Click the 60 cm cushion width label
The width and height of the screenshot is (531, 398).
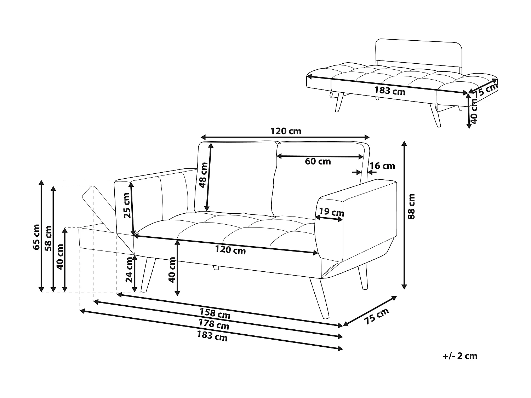(x=318, y=162)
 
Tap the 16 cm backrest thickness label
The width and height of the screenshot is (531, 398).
(x=382, y=166)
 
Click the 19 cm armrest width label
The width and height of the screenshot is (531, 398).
(x=331, y=212)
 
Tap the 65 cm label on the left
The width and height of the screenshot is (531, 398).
(x=37, y=237)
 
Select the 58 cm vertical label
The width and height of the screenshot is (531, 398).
(x=48, y=238)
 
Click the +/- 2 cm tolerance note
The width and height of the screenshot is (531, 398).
(x=460, y=356)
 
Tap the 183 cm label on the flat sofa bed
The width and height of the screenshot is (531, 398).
(x=390, y=91)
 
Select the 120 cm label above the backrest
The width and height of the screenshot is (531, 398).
(x=286, y=131)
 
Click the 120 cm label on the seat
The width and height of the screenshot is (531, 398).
(x=230, y=250)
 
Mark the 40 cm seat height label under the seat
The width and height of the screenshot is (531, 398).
(x=172, y=270)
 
